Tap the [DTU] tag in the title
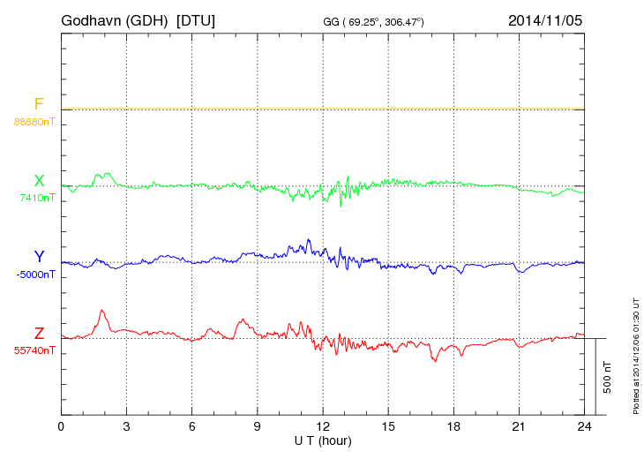[x=195, y=19]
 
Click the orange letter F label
[x=39, y=104]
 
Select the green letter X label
[x=39, y=181]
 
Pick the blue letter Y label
[x=39, y=257]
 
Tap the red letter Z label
[x=39, y=333]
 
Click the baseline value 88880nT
[x=34, y=121]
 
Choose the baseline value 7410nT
[x=37, y=198]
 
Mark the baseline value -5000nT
[x=35, y=275]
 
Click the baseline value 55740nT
[x=34, y=350]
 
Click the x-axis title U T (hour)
[x=323, y=440]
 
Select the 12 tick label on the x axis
[x=323, y=426]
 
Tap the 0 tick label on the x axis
[x=61, y=426]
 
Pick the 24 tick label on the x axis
[x=584, y=426]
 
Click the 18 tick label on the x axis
[x=453, y=426]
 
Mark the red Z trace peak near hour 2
[x=103, y=311]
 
